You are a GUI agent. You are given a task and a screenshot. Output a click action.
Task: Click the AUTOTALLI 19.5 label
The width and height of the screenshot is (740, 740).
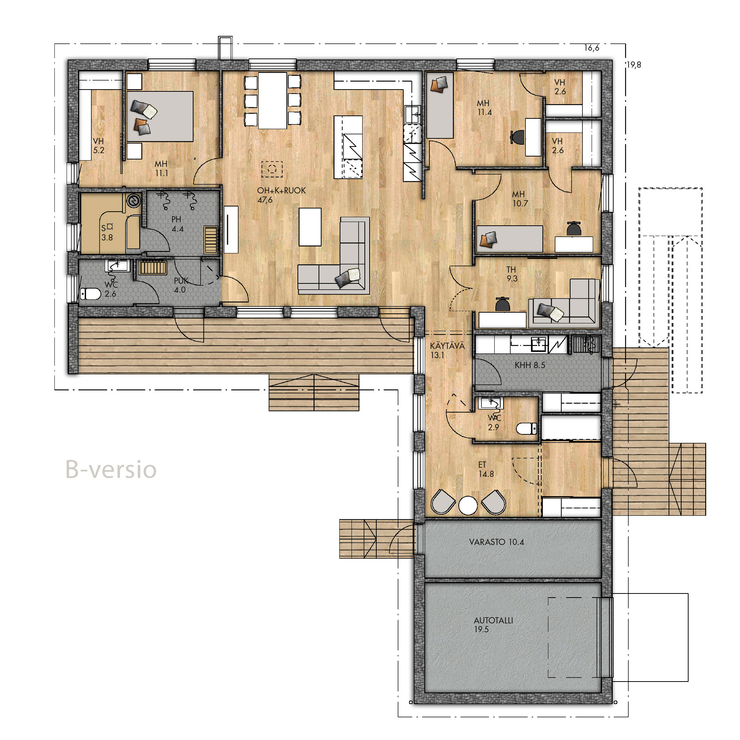[x=493, y=625]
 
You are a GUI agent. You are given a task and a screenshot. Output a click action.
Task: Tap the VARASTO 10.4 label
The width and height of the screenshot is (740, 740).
[x=497, y=542]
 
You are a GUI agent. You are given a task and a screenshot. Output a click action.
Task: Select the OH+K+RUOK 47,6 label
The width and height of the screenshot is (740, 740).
[x=281, y=195]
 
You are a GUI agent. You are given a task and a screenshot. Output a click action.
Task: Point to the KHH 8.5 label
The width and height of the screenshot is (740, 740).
[x=530, y=366]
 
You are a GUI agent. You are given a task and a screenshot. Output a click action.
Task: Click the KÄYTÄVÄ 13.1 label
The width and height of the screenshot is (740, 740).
[x=447, y=350]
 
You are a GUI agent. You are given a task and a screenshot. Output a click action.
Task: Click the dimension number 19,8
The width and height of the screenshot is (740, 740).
[x=633, y=65]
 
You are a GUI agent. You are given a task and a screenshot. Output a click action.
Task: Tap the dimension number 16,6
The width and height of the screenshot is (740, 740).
[x=591, y=48]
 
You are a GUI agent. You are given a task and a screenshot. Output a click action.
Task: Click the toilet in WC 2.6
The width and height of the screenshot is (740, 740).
[x=90, y=294]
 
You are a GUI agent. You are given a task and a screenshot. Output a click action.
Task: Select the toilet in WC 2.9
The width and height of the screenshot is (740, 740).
[x=527, y=428]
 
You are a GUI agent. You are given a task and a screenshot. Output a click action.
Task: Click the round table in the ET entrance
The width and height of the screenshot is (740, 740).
[x=468, y=505]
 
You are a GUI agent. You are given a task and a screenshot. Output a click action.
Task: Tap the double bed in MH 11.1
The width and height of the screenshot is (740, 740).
[x=160, y=116]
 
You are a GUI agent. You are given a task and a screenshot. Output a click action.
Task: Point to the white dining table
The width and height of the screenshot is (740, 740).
[x=272, y=100]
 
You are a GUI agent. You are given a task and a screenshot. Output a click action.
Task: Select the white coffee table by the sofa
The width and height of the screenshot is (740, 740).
[x=310, y=227]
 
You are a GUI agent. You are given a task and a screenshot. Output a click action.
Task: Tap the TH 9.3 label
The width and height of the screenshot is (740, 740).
[x=512, y=274]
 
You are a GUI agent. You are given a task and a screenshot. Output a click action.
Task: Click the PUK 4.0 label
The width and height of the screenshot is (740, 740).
[x=181, y=285]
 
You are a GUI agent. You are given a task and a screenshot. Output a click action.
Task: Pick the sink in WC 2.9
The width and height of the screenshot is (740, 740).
[x=491, y=403]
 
